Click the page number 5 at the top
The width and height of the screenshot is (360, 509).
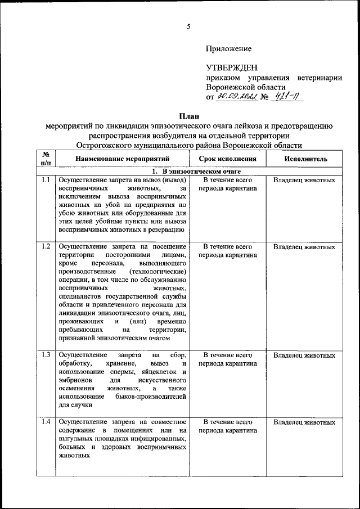pyautogui.click(x=189, y=26)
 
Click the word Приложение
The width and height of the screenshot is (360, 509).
pyautogui.click(x=228, y=49)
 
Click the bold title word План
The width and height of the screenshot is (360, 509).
pyautogui.click(x=188, y=115)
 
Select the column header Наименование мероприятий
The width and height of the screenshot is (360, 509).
pyautogui.click(x=122, y=159)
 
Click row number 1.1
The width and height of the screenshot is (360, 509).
pyautogui.click(x=46, y=181)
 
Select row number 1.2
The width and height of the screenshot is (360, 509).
pyautogui.click(x=46, y=247)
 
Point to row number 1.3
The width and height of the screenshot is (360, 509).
pyautogui.click(x=46, y=355)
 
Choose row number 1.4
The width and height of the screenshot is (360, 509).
pyautogui.click(x=46, y=421)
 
